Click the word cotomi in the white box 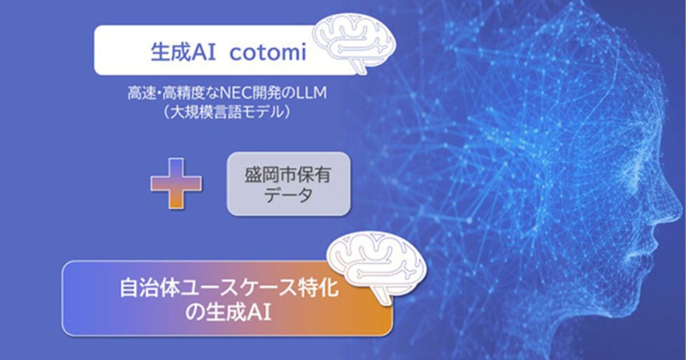[x=268, y=53]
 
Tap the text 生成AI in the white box [x=183, y=52]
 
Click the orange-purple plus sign [x=176, y=183]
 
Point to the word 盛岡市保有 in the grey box [x=288, y=175]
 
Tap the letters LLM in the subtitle [x=312, y=93]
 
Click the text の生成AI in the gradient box [x=228, y=313]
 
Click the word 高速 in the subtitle [x=142, y=93]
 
